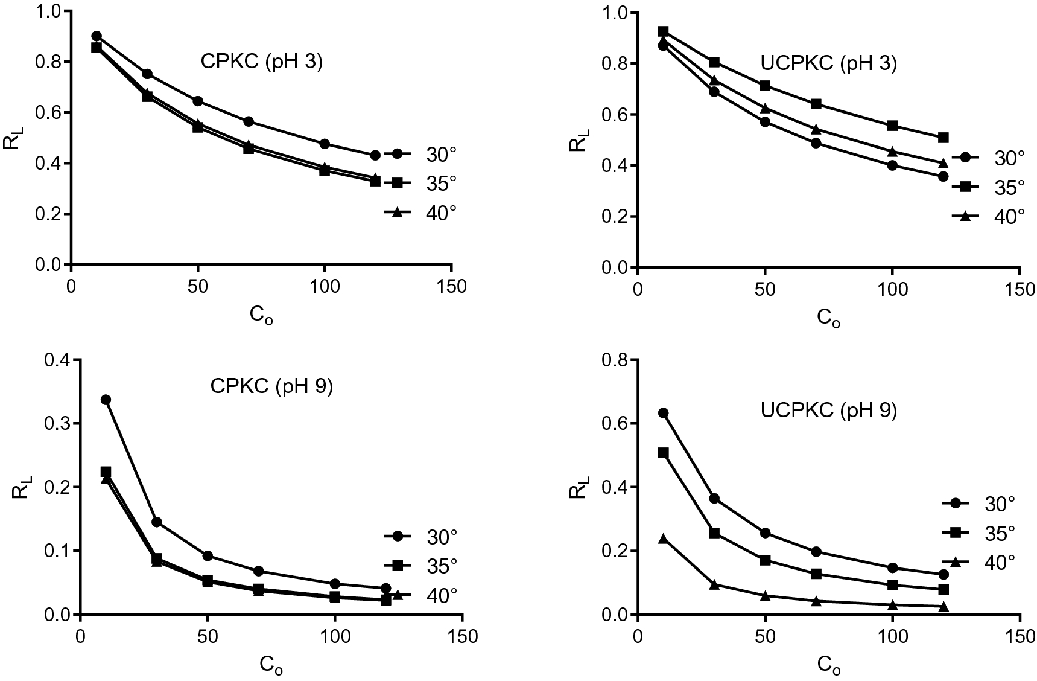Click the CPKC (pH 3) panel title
(261, 62)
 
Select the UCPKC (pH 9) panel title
(828, 411)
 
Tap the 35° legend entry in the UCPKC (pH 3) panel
(990, 187)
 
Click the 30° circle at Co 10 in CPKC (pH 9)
(106, 400)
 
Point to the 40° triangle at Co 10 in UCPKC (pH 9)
(664, 539)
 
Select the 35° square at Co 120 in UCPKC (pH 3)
(943, 138)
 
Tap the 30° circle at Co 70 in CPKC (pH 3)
(248, 121)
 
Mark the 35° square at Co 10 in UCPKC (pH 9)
(664, 453)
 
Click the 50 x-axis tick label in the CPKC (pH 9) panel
(208, 636)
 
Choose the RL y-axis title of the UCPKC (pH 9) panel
(578, 487)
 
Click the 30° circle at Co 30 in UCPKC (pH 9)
(714, 498)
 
